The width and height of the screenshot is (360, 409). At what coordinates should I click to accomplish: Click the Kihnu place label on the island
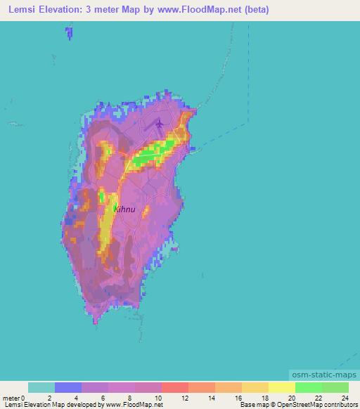(125, 209)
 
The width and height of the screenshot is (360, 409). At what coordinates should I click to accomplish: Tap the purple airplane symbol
(160, 124)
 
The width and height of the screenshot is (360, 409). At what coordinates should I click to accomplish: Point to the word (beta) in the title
(254, 11)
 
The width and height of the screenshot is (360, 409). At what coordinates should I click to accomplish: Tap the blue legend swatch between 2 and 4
(68, 388)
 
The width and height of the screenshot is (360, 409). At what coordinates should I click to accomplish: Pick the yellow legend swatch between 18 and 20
(282, 388)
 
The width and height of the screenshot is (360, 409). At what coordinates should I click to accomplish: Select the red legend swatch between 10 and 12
(175, 388)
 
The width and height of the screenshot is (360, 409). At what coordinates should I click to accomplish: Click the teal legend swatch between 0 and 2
(41, 388)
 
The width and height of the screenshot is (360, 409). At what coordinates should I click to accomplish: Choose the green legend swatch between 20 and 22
(309, 388)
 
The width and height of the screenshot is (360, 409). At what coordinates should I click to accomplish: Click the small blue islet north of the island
(68, 32)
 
